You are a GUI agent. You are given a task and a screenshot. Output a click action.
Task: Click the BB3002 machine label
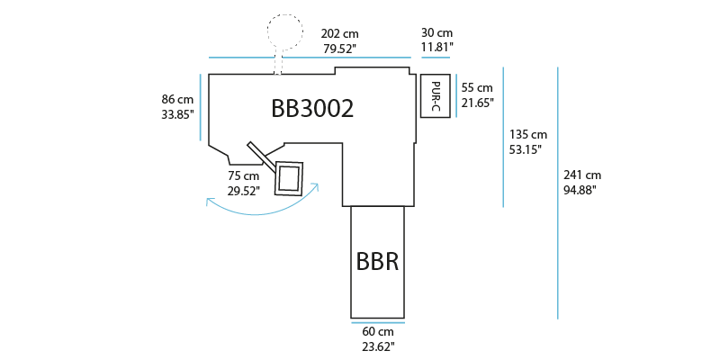[312, 109]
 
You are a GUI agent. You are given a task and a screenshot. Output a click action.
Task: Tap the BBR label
[377, 263]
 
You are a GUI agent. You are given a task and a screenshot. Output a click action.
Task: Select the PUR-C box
[435, 96]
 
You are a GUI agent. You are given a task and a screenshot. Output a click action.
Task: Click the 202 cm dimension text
[338, 32]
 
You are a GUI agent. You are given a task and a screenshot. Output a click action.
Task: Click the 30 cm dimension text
[437, 32]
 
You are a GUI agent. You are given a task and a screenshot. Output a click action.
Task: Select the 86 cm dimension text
[177, 99]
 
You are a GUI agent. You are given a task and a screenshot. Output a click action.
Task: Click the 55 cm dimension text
[477, 88]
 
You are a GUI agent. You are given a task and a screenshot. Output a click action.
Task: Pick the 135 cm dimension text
[527, 134]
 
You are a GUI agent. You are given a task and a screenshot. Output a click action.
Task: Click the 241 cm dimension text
[582, 175]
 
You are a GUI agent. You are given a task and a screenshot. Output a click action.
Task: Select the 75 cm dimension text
[242, 176]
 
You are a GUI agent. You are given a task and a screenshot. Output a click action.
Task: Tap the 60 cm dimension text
[377, 331]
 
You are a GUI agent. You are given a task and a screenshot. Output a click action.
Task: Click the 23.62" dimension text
[377, 345]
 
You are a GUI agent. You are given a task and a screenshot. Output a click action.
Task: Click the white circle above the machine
[285, 31]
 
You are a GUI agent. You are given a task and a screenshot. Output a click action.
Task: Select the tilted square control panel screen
[289, 177]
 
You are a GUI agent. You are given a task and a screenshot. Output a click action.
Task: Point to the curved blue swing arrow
[261, 210]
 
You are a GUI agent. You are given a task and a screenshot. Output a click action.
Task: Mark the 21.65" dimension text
[477, 103]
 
